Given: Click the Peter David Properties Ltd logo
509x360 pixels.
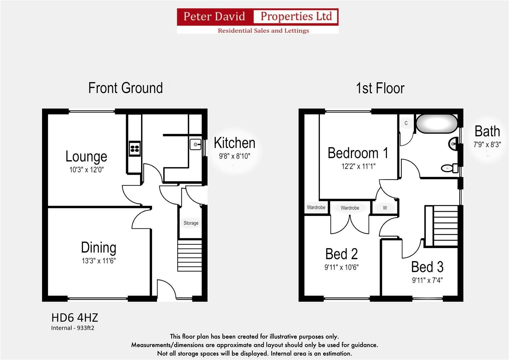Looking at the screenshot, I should [x=257, y=21].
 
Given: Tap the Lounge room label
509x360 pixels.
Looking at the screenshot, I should [x=86, y=156].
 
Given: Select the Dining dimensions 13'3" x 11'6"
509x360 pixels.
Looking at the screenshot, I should [x=99, y=261].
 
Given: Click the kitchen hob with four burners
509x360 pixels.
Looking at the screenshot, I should [x=135, y=148].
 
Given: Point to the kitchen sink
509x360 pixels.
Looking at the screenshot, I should [x=196, y=144].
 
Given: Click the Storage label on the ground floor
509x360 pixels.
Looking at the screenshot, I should [x=191, y=223].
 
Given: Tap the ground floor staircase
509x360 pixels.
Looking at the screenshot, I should [x=190, y=255].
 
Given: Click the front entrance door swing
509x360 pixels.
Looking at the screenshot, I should [x=166, y=289].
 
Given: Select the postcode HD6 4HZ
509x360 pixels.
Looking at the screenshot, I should [x=75, y=317].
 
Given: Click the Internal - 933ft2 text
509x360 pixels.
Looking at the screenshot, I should [x=73, y=328].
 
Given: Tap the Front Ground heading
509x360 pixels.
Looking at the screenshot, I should [x=125, y=88].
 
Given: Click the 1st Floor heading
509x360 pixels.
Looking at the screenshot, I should [x=380, y=88].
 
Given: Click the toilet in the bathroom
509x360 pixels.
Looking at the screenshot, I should [x=450, y=168].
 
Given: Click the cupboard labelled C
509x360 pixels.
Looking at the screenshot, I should [x=406, y=123].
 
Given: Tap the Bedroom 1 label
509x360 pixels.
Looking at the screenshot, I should [x=358, y=153].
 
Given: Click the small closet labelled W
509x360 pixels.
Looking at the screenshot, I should [x=385, y=208].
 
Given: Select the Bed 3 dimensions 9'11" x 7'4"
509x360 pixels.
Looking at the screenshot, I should [x=427, y=280].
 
